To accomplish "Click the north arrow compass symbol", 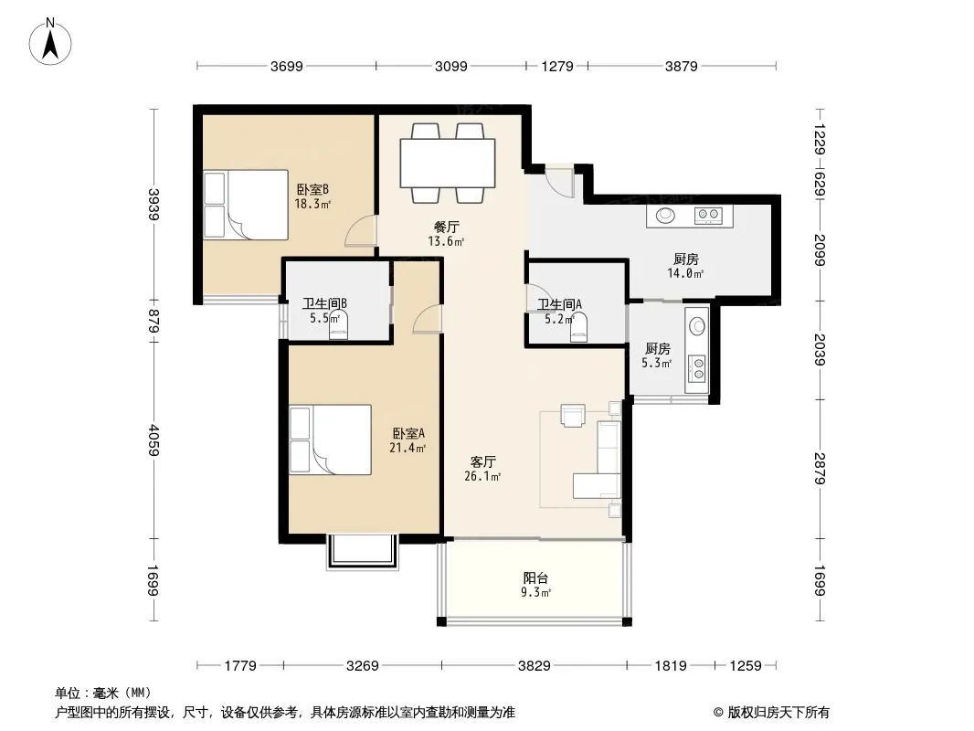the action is click(50, 42).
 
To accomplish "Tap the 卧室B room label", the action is click(312, 189).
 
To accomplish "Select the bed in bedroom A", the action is click(331, 440).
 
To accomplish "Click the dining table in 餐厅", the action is click(448, 163).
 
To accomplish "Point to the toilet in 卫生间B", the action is click(338, 323).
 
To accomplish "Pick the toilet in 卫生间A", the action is click(579, 327).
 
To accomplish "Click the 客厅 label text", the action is click(482, 462).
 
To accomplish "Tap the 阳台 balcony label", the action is click(535, 577).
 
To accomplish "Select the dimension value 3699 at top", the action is click(286, 66).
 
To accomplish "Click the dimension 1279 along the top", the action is click(557, 66).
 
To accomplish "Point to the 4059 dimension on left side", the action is click(154, 440).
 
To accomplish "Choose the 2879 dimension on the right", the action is click(820, 468).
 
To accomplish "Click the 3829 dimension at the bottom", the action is click(535, 666).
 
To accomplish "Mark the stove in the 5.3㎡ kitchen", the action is click(698, 367).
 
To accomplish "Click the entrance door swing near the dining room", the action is click(559, 183).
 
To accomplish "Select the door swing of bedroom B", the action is click(361, 231).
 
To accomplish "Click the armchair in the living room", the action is click(572, 416).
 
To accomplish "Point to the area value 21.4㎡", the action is click(408, 448).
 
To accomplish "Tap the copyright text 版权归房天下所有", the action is click(778, 713).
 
